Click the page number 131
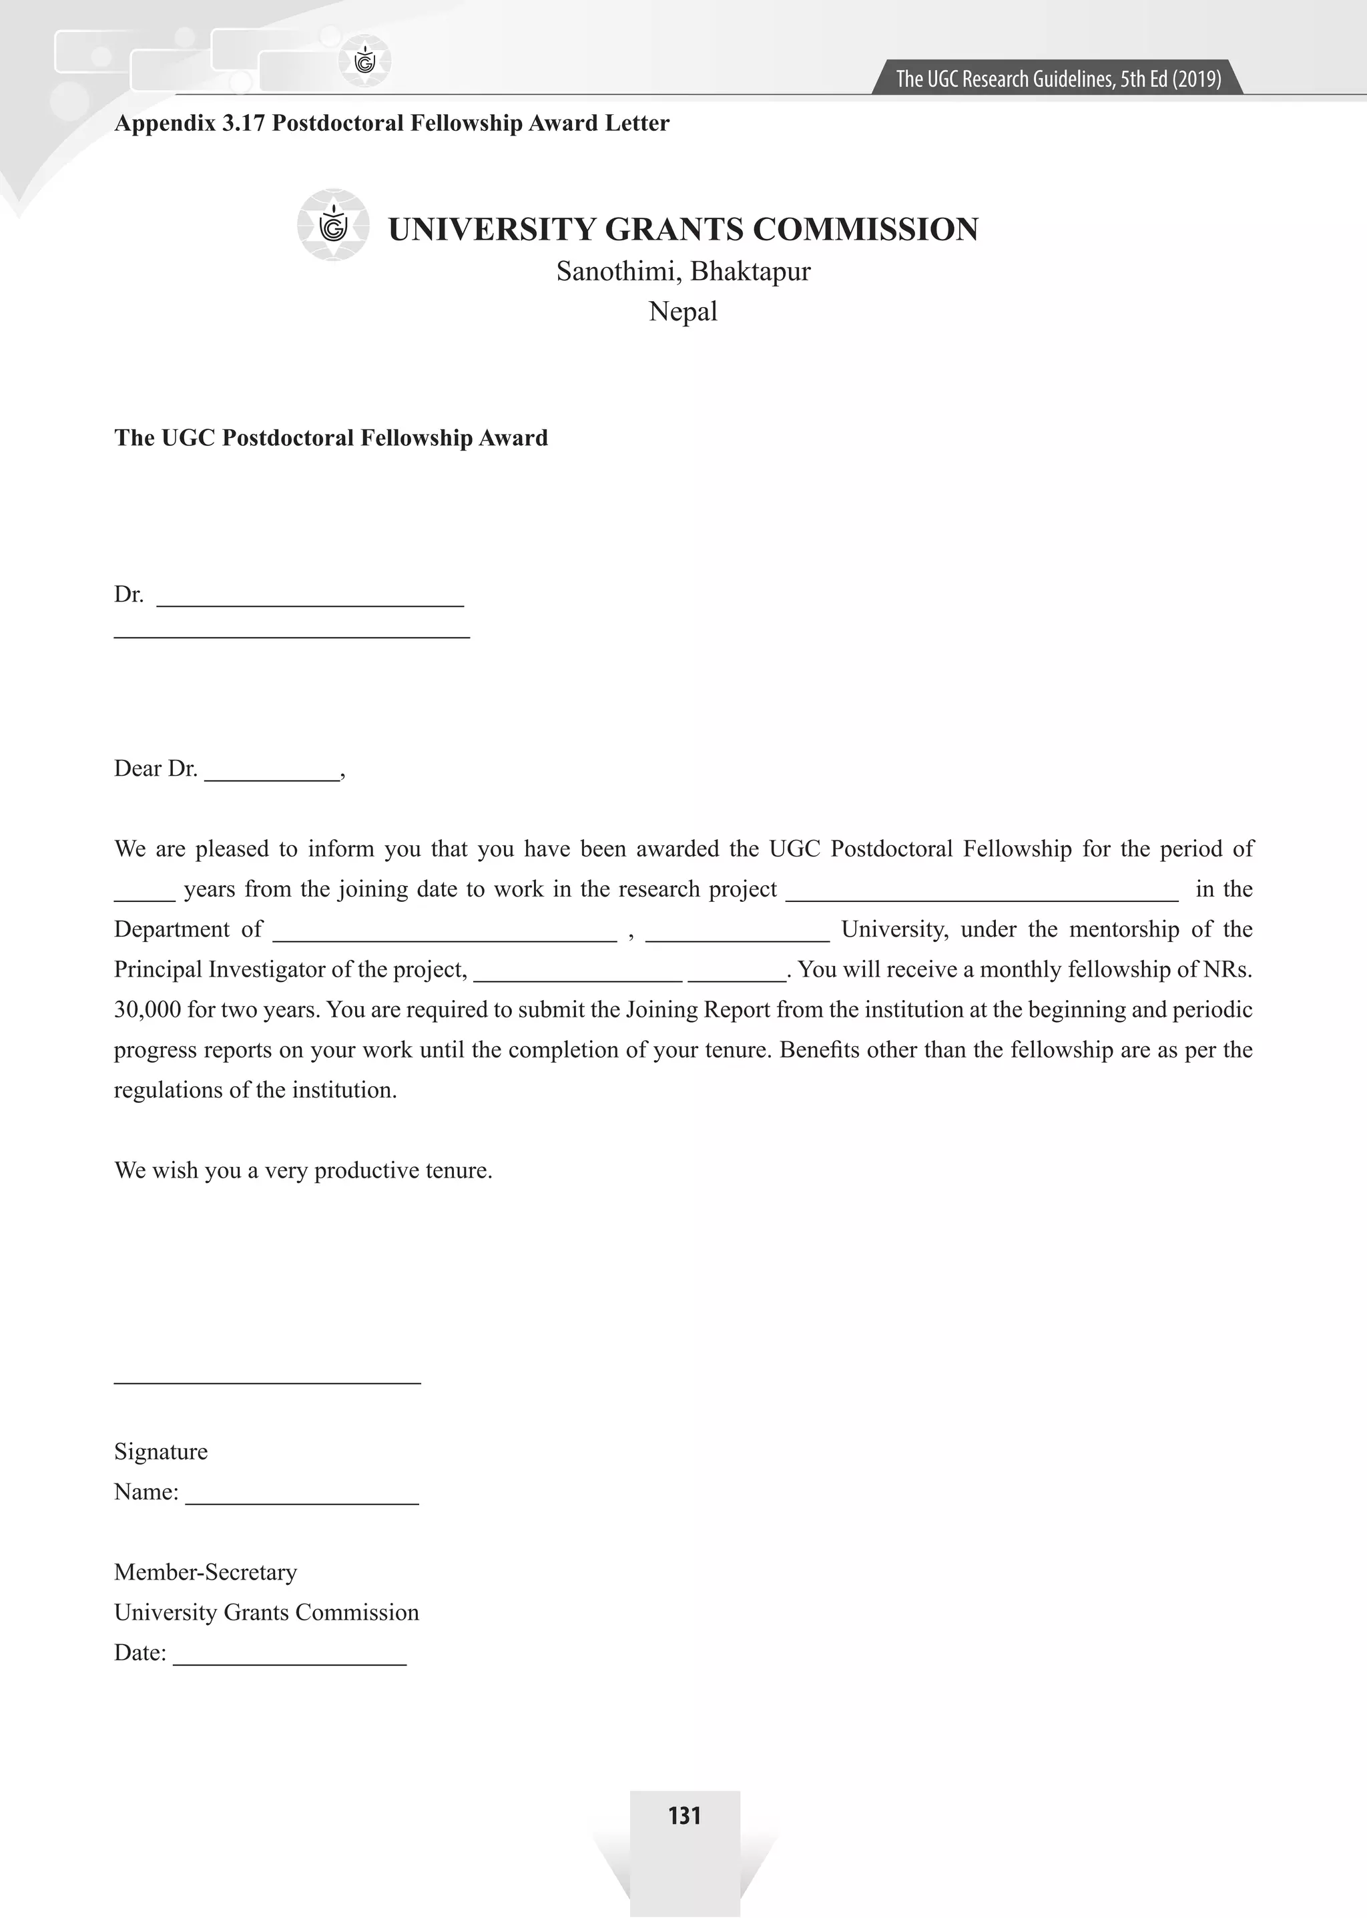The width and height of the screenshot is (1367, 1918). point(683,1815)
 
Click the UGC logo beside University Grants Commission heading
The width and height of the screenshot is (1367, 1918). point(333,226)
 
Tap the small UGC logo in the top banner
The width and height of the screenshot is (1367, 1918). point(364,61)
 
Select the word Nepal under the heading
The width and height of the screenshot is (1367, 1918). point(683,312)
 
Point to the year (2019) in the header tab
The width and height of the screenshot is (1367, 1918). point(1195,79)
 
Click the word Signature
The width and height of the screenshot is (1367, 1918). point(161,1451)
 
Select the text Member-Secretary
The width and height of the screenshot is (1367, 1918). point(206,1572)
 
